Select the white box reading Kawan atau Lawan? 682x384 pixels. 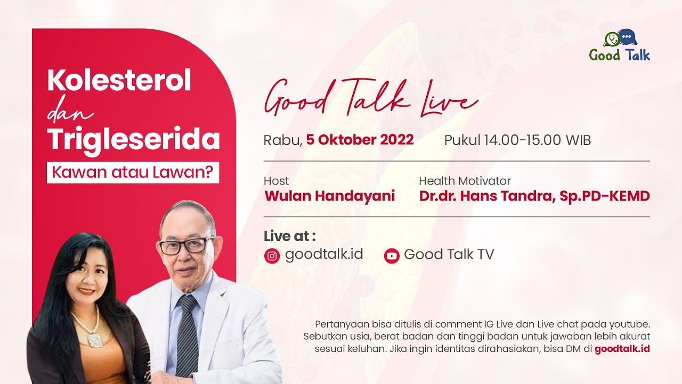point(133,172)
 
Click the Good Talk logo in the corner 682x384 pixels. point(620,46)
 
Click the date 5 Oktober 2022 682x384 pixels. point(360,140)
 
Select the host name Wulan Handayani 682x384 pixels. point(329,196)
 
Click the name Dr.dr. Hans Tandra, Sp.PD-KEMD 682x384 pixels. point(534,196)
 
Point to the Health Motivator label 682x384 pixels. point(465,181)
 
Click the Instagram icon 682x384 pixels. point(272,256)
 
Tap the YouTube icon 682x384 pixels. point(392,256)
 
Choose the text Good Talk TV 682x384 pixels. point(449,254)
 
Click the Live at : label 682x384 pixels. point(289,236)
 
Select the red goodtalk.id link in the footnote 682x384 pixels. point(622,349)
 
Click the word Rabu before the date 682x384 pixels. point(282,140)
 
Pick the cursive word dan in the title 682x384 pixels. point(70,112)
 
